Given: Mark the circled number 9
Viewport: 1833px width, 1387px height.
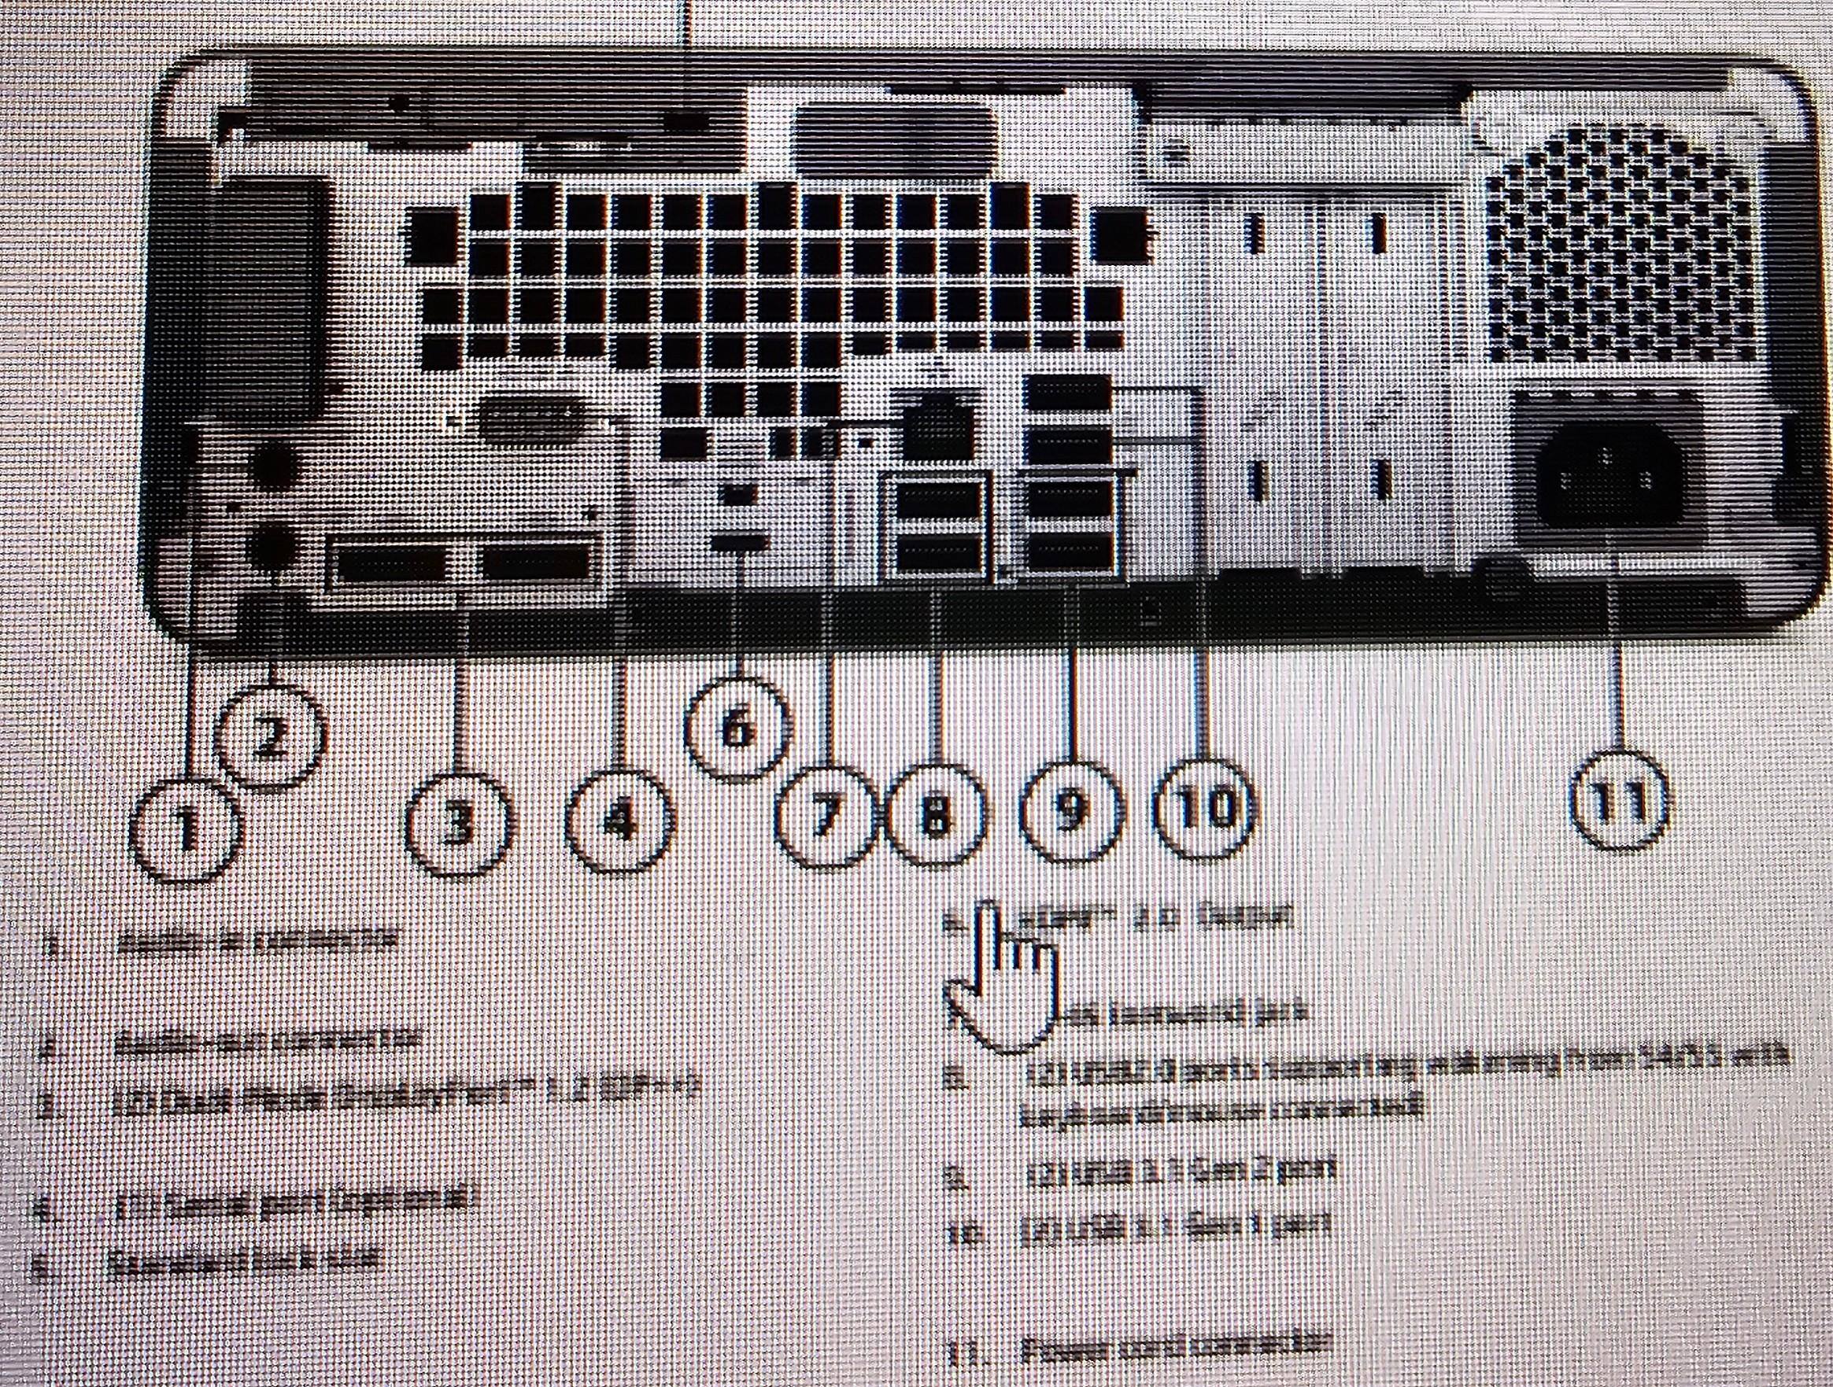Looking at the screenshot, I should pyautogui.click(x=1070, y=810).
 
